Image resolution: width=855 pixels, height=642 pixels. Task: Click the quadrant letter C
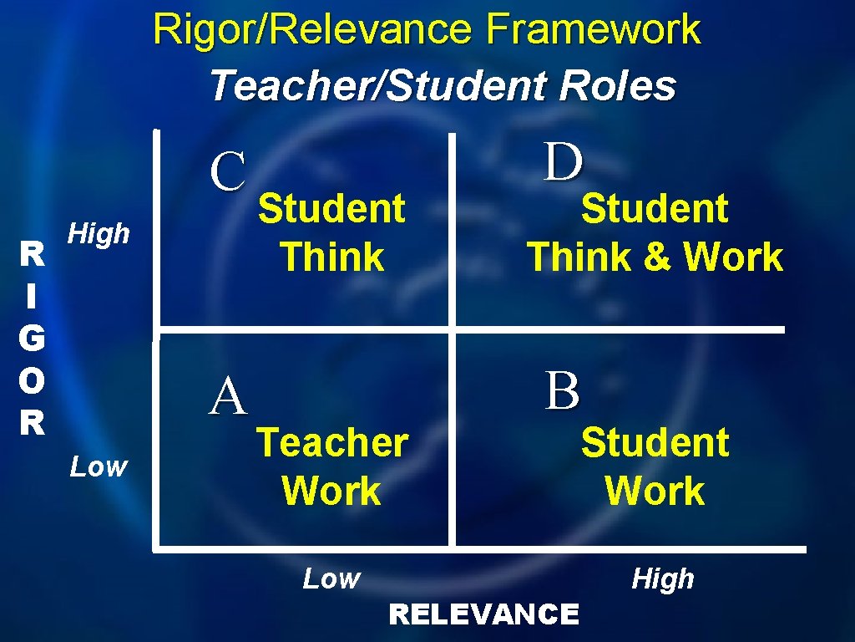coord(228,172)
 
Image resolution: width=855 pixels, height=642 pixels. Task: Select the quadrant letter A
coord(228,396)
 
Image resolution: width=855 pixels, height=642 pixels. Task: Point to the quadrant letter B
coord(563,390)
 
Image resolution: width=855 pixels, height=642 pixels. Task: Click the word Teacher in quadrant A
coord(332,442)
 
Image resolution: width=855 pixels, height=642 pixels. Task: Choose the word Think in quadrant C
coord(332,257)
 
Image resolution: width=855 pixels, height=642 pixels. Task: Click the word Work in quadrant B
coord(655,491)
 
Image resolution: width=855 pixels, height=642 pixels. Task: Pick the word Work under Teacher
coord(331,491)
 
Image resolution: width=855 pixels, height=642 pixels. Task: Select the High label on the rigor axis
coord(99,233)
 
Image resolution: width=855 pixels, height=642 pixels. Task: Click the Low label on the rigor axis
coord(99,466)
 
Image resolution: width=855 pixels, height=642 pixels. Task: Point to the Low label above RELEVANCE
coord(331,578)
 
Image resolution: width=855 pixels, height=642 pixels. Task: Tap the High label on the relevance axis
coord(663,578)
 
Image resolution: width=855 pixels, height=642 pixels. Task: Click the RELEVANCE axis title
coord(483,614)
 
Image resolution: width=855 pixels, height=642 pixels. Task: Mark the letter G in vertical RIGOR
coord(31,338)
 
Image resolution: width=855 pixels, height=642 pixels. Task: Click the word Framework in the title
coord(594,30)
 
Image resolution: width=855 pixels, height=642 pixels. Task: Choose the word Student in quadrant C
coord(332,208)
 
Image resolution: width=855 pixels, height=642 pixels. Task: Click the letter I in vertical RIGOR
coord(31,295)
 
